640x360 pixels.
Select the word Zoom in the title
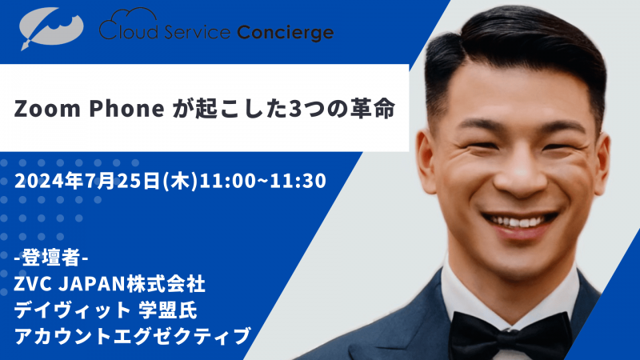pos(45,110)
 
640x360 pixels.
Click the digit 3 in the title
pos(286,110)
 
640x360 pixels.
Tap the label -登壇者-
pos(52,260)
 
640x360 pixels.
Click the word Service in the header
pos(194,33)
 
